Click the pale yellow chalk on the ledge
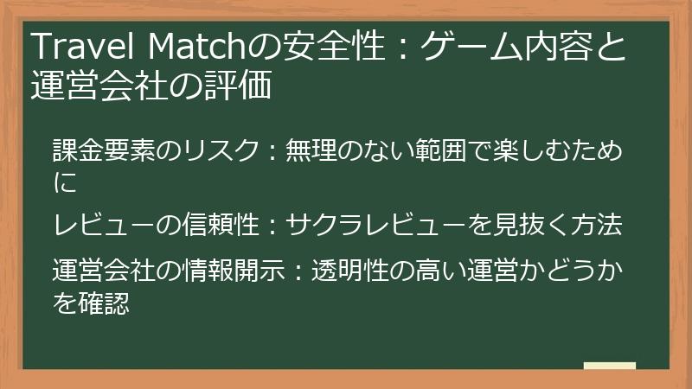609,366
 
